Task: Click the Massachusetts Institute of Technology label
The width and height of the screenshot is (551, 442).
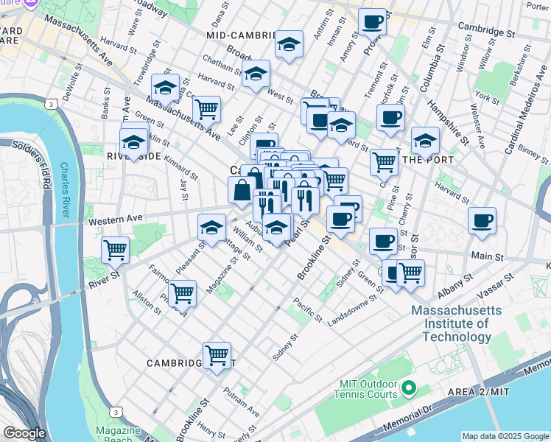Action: click(452, 323)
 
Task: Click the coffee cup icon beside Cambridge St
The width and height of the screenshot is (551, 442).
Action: click(373, 22)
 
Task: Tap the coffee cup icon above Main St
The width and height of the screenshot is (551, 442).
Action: click(482, 220)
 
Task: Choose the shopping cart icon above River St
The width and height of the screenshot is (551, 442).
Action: click(115, 250)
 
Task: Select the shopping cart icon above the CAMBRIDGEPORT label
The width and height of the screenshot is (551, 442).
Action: click(217, 355)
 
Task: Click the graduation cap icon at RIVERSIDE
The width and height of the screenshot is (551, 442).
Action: click(133, 141)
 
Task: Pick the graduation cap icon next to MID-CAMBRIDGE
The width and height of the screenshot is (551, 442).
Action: click(289, 44)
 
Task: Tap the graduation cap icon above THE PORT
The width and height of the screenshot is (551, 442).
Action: click(425, 140)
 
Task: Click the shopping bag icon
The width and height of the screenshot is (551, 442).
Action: click(242, 190)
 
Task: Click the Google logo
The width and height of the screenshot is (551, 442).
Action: click(24, 433)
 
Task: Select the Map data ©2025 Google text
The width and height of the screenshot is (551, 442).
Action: click(504, 436)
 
